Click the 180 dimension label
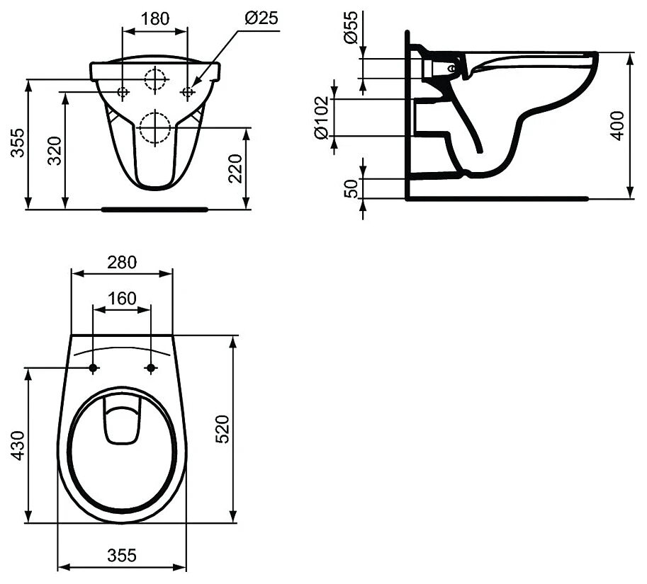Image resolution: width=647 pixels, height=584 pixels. pos(155,18)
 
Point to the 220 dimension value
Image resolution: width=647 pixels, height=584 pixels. pos(236,168)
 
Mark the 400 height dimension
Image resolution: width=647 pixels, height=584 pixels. pos(617,125)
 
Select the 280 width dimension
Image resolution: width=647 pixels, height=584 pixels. pos(122,262)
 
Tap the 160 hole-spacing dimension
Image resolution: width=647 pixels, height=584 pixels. pos(122,299)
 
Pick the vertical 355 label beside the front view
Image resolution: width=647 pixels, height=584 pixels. pos(16,144)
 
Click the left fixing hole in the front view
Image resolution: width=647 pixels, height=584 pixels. pos(123,91)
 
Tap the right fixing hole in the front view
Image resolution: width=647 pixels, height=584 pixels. pos(188,91)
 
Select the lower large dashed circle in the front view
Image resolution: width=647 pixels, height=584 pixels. pos(155,127)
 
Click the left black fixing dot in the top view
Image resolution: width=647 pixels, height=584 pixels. pos(94,368)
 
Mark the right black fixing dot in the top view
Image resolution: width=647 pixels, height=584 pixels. pos(150,368)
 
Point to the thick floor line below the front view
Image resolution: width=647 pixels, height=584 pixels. pos(154,210)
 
